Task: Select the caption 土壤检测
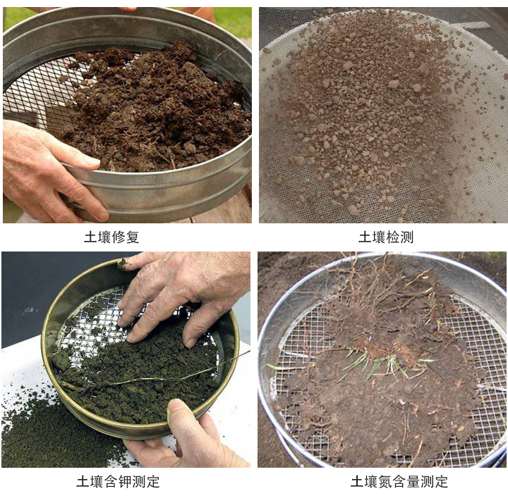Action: (385, 237)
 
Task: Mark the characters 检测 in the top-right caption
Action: (399, 237)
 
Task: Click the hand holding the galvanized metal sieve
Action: (42, 166)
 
